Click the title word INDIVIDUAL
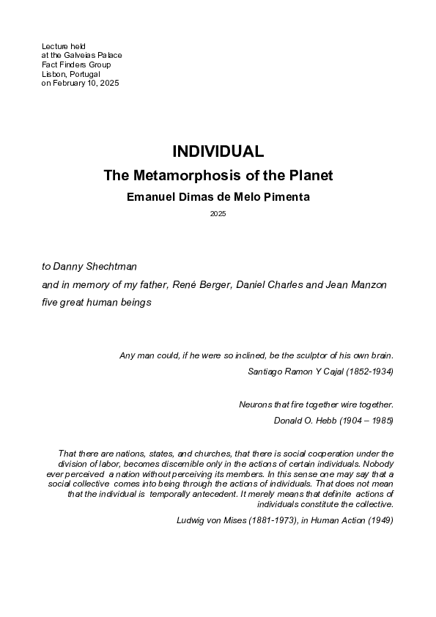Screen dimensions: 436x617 point(218,152)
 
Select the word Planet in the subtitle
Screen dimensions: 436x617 point(311,176)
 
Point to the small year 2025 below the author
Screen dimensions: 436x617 point(218,214)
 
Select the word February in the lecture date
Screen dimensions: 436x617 point(70,84)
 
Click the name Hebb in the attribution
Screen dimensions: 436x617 point(325,421)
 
